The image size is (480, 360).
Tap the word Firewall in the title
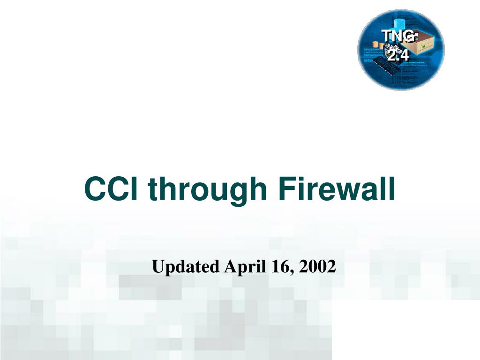337,189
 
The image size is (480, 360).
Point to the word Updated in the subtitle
186,267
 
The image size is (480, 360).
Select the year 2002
317,267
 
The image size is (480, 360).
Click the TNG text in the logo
398,36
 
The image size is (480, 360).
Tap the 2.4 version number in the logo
398,55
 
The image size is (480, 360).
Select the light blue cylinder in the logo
399,25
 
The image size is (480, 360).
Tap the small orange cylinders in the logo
378,45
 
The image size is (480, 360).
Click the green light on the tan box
424,46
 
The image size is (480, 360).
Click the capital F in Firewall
287,189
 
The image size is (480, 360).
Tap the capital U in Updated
158,267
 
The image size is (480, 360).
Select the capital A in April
231,266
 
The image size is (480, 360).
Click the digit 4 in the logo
404,55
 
